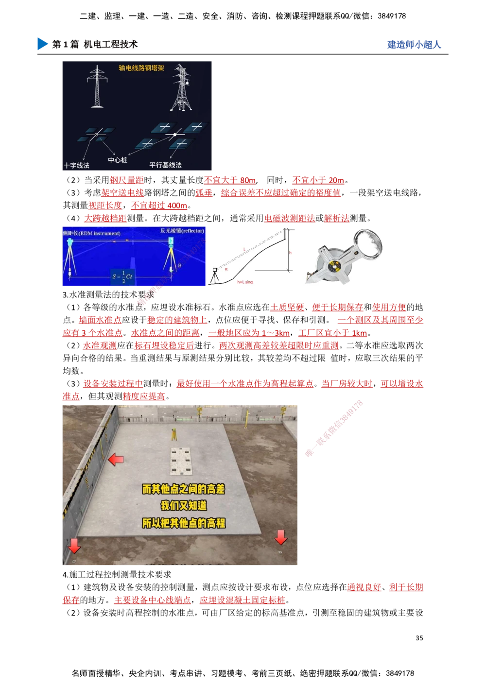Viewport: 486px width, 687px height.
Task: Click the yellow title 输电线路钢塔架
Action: coord(141,68)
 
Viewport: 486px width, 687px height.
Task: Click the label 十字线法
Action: coord(77,165)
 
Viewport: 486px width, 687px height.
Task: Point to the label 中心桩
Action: coord(117,159)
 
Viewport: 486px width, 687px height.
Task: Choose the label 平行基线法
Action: coord(165,165)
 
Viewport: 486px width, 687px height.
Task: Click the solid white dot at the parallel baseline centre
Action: coord(175,134)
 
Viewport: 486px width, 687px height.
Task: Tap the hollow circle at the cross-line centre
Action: coord(96,134)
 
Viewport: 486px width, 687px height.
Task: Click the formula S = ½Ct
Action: coord(122,276)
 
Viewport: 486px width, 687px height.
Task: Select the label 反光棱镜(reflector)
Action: coord(182,231)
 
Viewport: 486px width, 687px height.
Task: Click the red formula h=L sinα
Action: coord(245,282)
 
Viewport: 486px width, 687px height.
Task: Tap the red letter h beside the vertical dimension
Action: coord(290,253)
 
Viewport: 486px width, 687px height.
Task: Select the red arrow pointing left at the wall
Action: coord(116,459)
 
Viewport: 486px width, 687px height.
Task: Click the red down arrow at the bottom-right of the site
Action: coord(281,537)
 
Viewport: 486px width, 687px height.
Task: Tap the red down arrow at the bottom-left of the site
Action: coord(74,545)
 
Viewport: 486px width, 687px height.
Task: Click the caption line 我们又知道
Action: coord(184,506)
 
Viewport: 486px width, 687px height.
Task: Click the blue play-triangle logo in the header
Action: coord(42,43)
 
